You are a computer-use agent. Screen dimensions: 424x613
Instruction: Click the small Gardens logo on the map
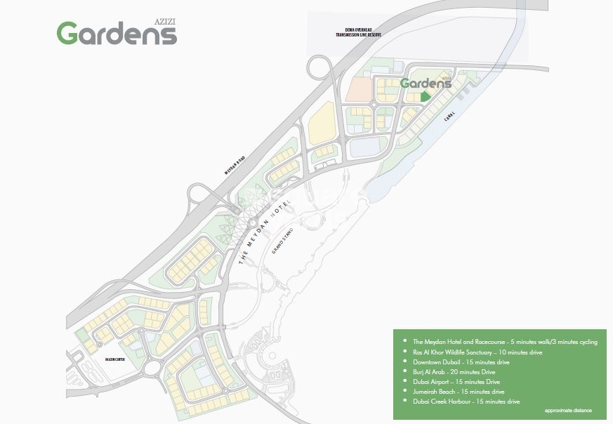point(426,84)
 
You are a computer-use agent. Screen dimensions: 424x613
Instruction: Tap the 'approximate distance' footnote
point(567,411)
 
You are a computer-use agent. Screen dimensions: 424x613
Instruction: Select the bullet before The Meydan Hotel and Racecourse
point(405,342)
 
